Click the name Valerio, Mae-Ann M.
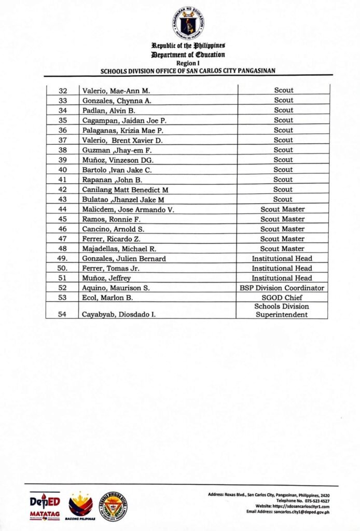pos(116,91)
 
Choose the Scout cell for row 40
pos(283,170)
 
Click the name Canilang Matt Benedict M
pos(125,190)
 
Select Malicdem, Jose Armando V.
pos(128,209)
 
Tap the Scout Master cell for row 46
pos(282,229)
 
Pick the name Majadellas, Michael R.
pos(123,249)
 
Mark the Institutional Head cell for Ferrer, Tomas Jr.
pos(282,268)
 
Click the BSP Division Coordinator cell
pos(282,288)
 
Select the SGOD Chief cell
pos(282,298)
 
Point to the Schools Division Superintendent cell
pos(282,311)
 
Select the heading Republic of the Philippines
pos(188,47)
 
